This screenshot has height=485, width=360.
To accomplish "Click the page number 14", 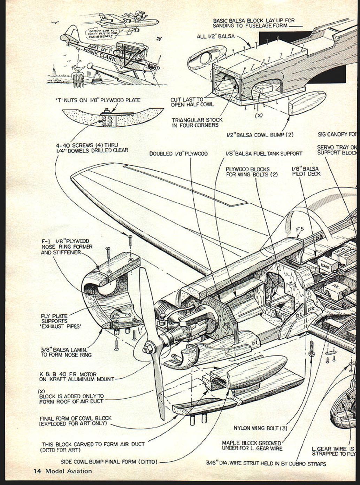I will [37, 471].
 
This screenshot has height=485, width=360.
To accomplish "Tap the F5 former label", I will [300, 229].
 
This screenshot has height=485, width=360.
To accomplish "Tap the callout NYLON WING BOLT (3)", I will [260, 428].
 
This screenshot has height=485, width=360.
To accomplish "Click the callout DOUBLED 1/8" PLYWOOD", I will [178, 154].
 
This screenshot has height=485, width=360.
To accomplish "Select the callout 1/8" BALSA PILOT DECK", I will [306, 171].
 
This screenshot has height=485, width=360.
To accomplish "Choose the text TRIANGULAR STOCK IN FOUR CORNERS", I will [197, 123].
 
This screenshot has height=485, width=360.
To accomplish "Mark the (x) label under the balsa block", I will [259, 115].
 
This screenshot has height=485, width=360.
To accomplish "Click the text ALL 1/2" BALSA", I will [216, 36].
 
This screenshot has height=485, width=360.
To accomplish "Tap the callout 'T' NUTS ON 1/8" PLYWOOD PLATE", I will [98, 100].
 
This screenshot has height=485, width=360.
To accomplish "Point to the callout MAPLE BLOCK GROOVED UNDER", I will [252, 446].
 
